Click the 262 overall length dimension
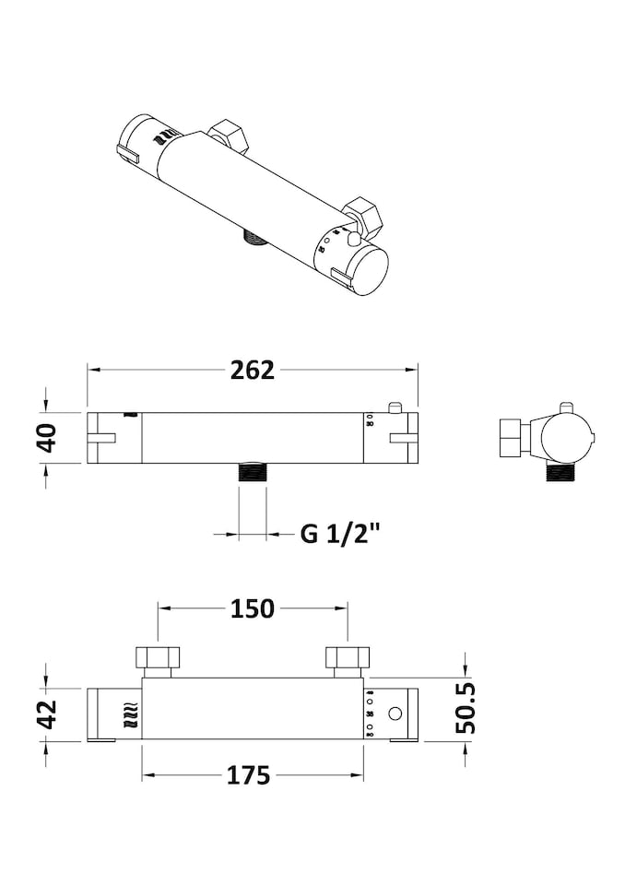253,370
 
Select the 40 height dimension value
47,437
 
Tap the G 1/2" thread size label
340,533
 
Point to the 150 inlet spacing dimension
253,608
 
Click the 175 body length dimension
250,775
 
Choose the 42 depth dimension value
47,714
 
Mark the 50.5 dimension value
467,708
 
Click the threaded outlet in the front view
252,474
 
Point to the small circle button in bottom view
395,714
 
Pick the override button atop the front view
395,407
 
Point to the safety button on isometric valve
353,238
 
